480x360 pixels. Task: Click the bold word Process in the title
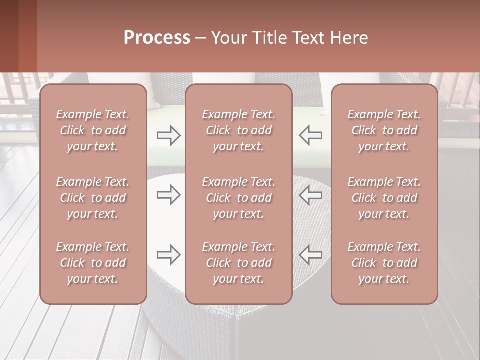(x=157, y=38)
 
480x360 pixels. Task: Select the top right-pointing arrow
(x=169, y=135)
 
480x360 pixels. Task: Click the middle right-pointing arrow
(x=169, y=195)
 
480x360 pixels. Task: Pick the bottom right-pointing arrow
(x=169, y=255)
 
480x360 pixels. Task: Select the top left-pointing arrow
(x=310, y=135)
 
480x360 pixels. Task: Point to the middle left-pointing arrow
(x=310, y=195)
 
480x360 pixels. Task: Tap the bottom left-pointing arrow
(x=310, y=255)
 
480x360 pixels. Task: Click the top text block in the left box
(x=93, y=130)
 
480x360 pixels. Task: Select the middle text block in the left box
(x=93, y=198)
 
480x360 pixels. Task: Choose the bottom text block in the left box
(x=93, y=263)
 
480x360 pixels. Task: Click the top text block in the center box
(x=238, y=130)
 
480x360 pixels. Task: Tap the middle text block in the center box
(x=238, y=198)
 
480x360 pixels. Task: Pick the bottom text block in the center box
(x=238, y=263)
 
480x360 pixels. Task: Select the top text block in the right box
(x=384, y=130)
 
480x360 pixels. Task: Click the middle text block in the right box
(x=384, y=198)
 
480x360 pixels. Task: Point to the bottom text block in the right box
(x=384, y=263)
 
